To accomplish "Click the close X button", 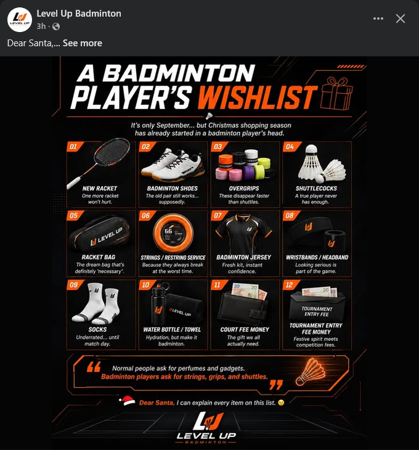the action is pyautogui.click(x=401, y=18).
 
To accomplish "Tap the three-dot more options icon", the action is pyautogui.click(x=378, y=18).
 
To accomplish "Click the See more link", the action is pyautogui.click(x=83, y=43).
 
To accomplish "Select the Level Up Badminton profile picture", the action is pyautogui.click(x=20, y=20).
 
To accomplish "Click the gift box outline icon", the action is pyautogui.click(x=336, y=94).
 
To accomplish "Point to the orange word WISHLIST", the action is pyautogui.click(x=258, y=97).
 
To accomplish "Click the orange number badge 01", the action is pyautogui.click(x=74, y=147).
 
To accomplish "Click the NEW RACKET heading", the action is pyautogui.click(x=100, y=188).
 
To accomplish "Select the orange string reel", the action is pyautogui.click(x=173, y=233).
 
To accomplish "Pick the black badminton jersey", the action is pyautogui.click(x=244, y=233).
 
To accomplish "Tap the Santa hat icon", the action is pyautogui.click(x=127, y=401).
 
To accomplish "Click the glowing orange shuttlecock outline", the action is pyautogui.click(x=311, y=372).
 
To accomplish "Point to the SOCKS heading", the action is pyautogui.click(x=97, y=329).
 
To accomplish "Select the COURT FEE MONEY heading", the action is pyautogui.click(x=245, y=329).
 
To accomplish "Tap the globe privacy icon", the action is pyautogui.click(x=56, y=27).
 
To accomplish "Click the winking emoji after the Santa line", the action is pyautogui.click(x=281, y=403).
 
